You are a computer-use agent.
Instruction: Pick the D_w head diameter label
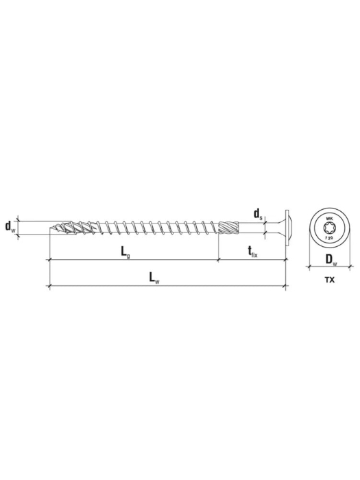click(x=331, y=259)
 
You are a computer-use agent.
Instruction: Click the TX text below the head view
click(x=331, y=280)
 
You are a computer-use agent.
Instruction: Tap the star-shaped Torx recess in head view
click(x=330, y=226)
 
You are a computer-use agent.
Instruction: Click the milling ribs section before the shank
click(x=230, y=226)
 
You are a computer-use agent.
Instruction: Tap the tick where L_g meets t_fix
click(x=219, y=261)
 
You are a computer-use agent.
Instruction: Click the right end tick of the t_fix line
click(x=285, y=261)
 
